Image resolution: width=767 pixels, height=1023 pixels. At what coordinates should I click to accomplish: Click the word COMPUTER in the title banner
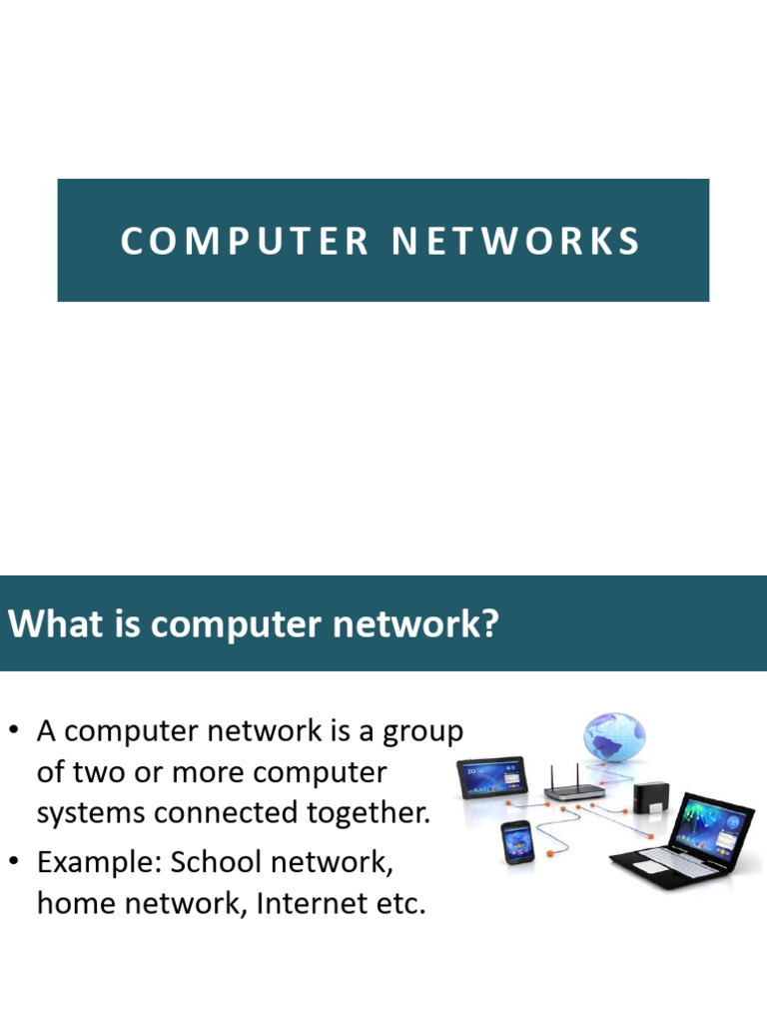click(246, 242)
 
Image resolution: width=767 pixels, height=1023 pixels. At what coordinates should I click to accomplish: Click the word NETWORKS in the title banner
click(515, 242)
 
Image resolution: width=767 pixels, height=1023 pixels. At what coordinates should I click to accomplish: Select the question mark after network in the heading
click(488, 625)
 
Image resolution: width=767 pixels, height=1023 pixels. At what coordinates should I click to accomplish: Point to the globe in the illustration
click(614, 737)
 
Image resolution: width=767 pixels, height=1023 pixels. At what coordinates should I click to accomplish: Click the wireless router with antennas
click(574, 789)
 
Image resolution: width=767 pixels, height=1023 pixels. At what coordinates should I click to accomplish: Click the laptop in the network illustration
click(689, 839)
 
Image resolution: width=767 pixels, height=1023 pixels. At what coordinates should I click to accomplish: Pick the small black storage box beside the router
click(649, 799)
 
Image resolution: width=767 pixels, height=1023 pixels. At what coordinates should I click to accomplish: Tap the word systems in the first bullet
click(84, 813)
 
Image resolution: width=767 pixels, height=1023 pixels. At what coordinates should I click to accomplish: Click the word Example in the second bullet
click(96, 862)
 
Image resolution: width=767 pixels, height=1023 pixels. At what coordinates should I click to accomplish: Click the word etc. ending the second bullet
click(403, 904)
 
